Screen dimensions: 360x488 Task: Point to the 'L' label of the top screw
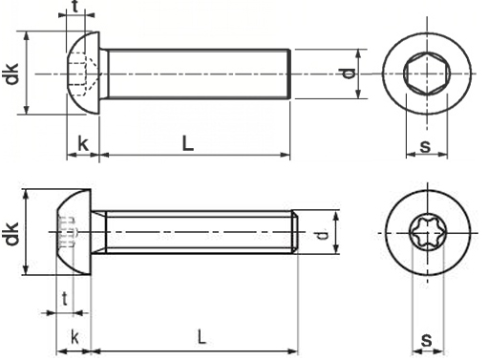188,143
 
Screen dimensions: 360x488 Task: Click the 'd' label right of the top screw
349,74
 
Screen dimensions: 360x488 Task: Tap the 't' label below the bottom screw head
64,299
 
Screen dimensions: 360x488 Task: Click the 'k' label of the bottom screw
74,336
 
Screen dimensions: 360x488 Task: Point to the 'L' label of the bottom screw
200,336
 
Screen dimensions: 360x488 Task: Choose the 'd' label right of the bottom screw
323,233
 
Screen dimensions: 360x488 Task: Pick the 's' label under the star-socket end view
426,339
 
